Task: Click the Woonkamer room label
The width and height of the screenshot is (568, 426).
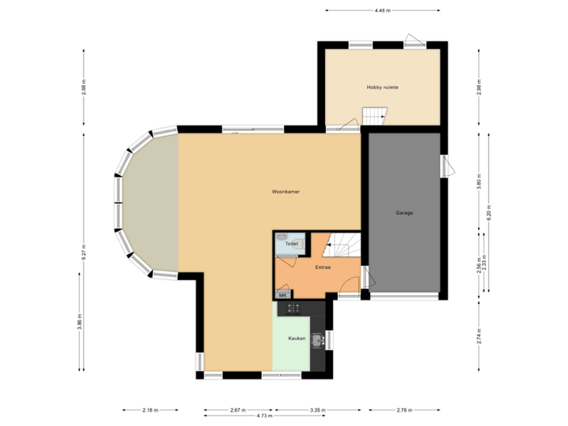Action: click(x=286, y=192)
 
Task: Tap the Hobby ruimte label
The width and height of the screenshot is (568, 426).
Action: click(x=382, y=87)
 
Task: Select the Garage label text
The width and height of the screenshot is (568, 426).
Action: click(x=405, y=213)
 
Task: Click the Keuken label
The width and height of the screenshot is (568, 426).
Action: click(x=297, y=338)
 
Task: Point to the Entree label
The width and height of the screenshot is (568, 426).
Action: click(x=323, y=267)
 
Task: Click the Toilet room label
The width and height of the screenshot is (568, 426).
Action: click(x=291, y=245)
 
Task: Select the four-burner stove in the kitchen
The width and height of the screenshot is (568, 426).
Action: click(x=294, y=309)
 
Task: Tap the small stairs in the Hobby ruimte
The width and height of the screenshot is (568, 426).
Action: click(x=373, y=117)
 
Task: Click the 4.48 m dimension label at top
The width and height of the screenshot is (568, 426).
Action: click(x=383, y=10)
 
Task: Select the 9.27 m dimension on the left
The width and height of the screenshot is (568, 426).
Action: click(x=84, y=250)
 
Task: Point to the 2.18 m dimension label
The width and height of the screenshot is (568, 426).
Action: click(x=149, y=409)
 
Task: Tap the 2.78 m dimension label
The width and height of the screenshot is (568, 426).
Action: click(x=402, y=409)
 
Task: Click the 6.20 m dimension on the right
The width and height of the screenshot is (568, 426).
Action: click(x=489, y=214)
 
